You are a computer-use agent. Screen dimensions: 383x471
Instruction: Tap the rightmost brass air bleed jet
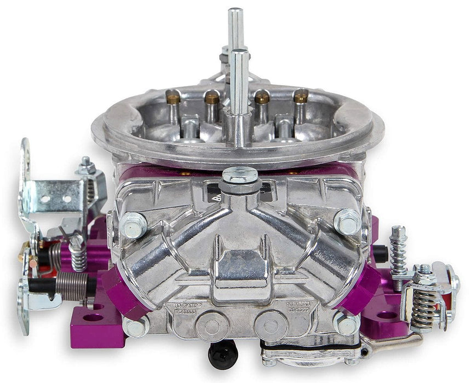[300, 97]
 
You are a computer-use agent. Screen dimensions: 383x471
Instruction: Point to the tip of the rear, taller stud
[235, 12]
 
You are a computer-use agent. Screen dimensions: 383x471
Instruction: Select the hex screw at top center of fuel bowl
[240, 176]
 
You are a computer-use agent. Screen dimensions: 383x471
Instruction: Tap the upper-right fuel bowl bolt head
[347, 220]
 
